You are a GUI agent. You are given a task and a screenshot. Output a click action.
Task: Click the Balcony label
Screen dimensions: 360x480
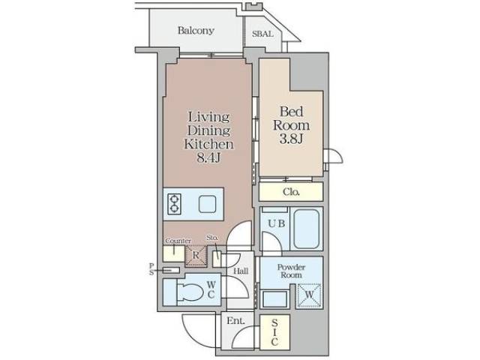(196, 31)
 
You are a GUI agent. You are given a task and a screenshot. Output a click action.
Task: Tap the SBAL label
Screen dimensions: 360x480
(262, 34)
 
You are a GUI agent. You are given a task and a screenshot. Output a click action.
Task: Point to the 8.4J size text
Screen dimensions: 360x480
(208, 158)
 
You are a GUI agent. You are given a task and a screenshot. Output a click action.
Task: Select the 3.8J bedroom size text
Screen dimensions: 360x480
(291, 139)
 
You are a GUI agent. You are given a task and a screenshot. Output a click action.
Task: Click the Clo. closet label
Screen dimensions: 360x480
(291, 192)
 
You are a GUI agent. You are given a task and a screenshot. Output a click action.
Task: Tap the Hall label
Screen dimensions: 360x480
(240, 271)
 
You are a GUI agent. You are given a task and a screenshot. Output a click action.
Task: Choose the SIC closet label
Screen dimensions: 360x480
(274, 331)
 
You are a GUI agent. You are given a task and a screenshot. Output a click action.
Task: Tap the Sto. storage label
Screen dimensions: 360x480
(212, 238)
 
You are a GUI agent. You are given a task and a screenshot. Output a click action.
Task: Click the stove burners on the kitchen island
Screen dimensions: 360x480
(175, 203)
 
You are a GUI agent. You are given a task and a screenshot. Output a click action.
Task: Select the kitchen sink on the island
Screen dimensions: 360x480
(207, 202)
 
